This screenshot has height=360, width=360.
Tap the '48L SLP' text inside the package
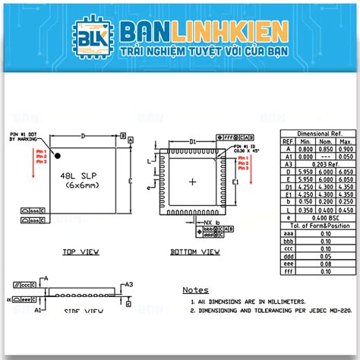point(77,175)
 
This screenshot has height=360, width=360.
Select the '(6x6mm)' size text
point(78,185)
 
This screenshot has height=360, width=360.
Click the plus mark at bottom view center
point(193,181)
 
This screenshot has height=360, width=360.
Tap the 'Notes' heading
point(195,289)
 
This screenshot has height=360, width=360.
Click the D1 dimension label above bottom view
point(193,141)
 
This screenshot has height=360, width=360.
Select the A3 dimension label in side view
point(128,284)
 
